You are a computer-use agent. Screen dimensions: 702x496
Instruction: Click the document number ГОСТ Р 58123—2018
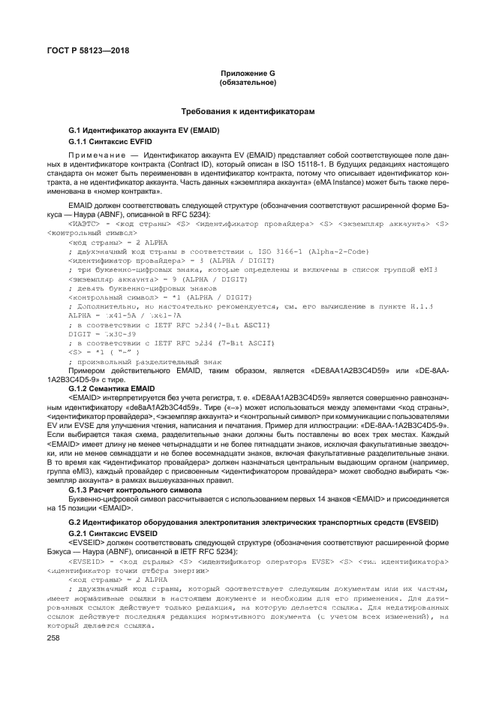coord(77,50)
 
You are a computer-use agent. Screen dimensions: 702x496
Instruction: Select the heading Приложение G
coord(248,72)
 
